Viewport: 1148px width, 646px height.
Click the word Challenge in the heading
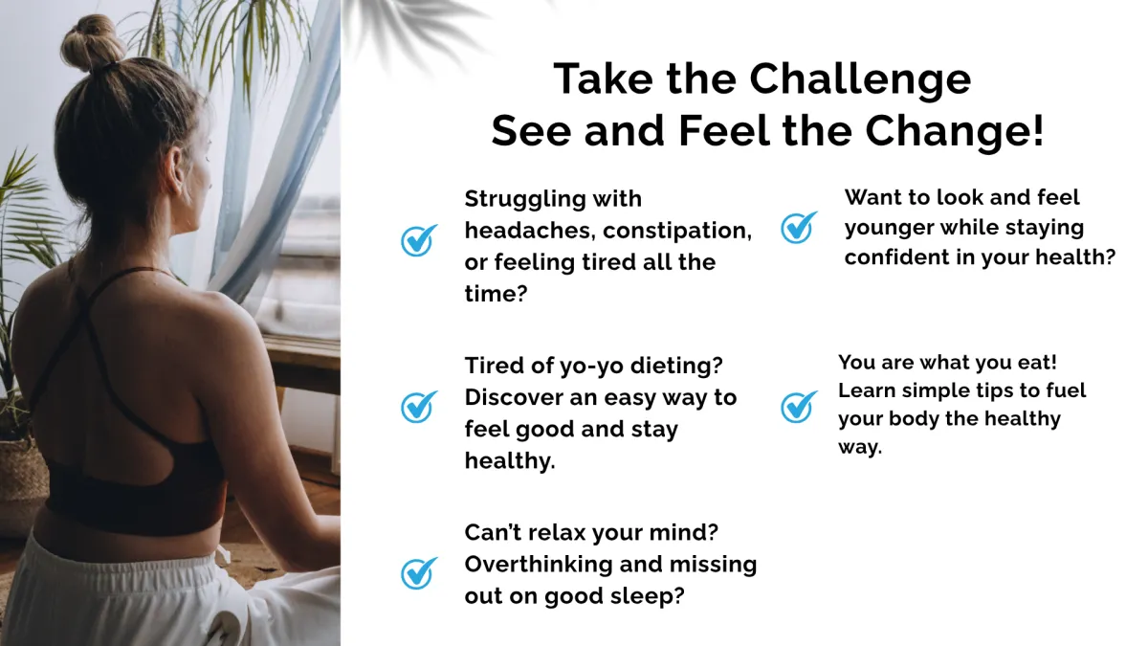860,79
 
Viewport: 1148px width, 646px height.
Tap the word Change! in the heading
955,131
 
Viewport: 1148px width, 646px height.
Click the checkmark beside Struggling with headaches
419,240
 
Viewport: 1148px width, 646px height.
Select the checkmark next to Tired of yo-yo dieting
419,407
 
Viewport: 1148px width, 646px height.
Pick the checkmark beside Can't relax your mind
419,573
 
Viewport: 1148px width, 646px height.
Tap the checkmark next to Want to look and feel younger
799,227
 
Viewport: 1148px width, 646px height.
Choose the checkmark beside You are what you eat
799,407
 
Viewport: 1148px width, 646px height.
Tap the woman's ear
177,169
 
